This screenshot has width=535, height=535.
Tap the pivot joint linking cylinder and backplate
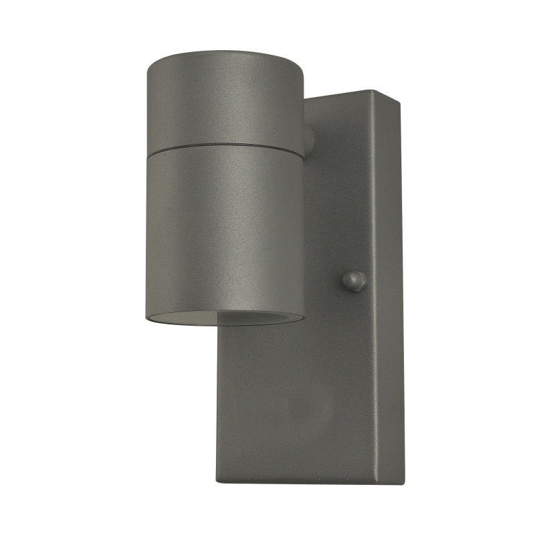(x=309, y=140)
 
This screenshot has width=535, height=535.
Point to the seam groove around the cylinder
(x=224, y=146)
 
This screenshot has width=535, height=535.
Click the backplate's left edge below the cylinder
(x=218, y=401)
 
